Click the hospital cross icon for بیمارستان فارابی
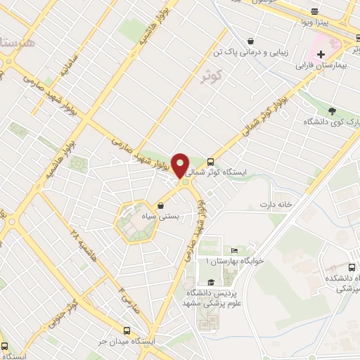(321, 54)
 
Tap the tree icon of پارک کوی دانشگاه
(332, 110)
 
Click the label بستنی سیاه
(162, 217)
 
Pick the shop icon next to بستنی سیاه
(162, 206)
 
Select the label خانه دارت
(275, 204)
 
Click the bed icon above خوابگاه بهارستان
(234, 251)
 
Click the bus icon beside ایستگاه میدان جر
(127, 330)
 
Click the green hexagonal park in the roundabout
(128, 221)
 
